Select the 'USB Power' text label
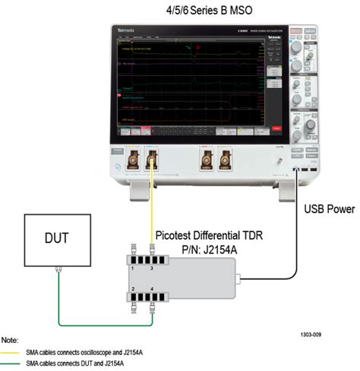point(328,208)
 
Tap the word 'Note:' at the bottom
point(12,341)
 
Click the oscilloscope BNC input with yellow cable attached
point(152,160)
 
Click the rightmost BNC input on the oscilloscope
point(223,160)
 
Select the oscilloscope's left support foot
point(139,190)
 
